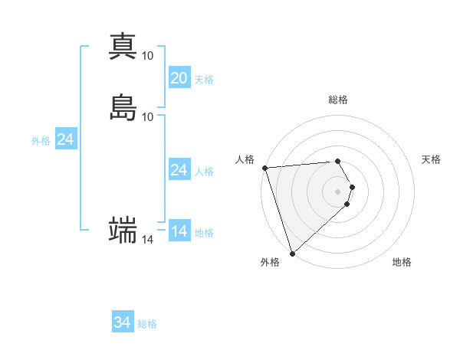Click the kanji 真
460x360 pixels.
coord(123,47)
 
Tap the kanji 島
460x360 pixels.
coord(123,107)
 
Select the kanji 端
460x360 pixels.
coord(123,230)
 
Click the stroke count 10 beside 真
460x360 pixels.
coord(148,56)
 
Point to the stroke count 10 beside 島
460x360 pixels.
coord(148,116)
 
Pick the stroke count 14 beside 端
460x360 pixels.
coord(148,240)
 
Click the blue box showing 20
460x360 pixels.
coord(179,78)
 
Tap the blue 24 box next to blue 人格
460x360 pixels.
coord(179,170)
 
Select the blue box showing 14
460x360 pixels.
coord(179,231)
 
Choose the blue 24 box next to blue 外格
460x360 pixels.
coord(66,139)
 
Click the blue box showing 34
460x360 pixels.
coord(123,323)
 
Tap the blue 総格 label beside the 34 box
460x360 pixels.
coord(147,324)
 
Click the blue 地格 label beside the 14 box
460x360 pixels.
coord(204,232)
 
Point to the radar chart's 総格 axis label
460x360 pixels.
coord(338,100)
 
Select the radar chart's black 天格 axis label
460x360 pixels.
coord(432,159)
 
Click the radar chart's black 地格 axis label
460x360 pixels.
coord(402,263)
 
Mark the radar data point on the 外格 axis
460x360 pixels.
coord(292,253)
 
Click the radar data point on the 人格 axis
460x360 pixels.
coord(264,168)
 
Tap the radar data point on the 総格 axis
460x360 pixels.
coord(338,161)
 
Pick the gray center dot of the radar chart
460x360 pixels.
coord(338,191)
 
